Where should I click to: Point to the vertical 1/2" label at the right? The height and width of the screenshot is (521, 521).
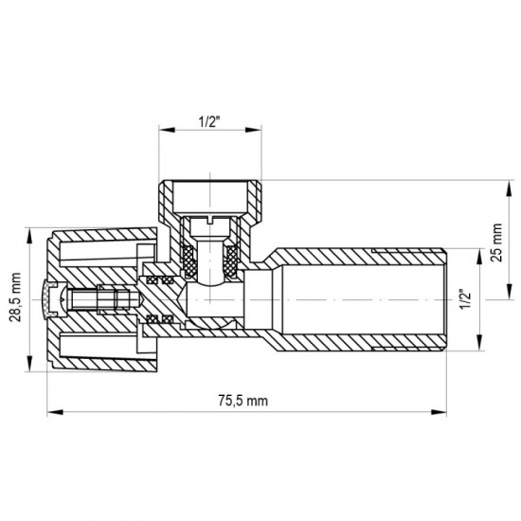pos(464,300)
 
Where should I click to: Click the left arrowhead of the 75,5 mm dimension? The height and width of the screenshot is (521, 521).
pos(49,412)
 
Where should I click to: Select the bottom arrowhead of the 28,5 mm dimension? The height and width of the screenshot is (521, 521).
pos(27,369)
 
